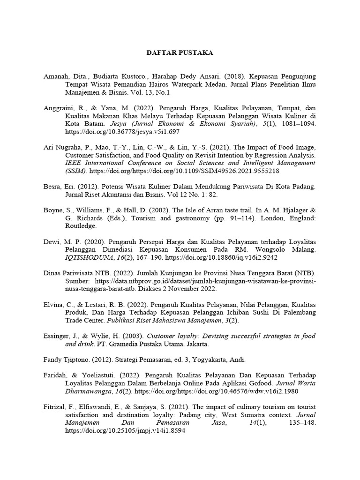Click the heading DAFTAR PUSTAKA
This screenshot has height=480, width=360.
tap(180, 53)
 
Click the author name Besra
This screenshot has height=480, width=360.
tap(53, 187)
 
